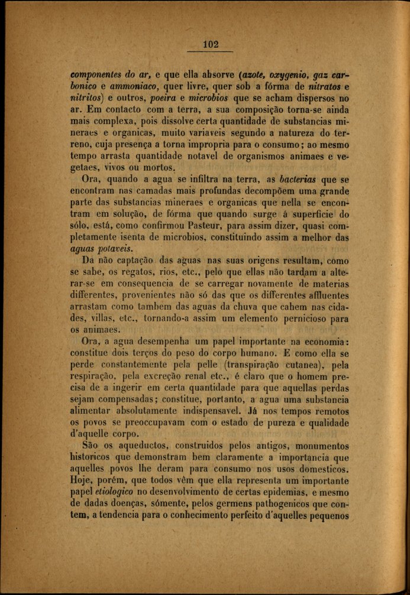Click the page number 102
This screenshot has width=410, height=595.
pyautogui.click(x=211, y=44)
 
